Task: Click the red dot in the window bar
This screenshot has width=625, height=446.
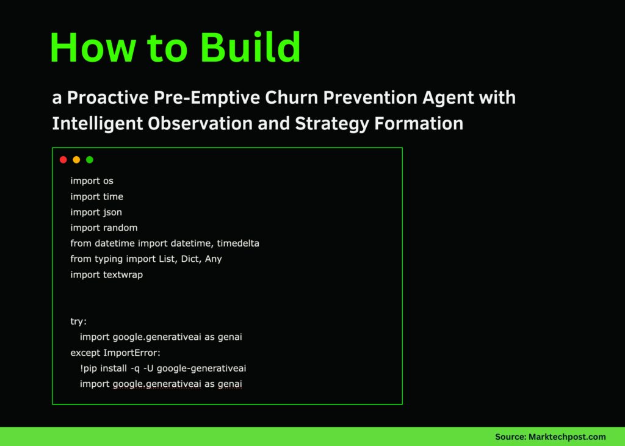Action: [x=63, y=160]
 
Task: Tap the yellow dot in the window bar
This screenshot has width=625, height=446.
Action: [x=76, y=160]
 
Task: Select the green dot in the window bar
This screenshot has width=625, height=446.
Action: [x=90, y=160]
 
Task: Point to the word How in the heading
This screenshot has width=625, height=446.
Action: [x=92, y=48]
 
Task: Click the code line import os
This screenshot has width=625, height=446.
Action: [x=92, y=181]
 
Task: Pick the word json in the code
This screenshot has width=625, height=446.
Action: [x=112, y=212]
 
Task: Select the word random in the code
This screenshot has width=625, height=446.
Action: [x=120, y=228]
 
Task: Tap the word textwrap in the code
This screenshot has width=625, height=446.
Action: [x=123, y=275]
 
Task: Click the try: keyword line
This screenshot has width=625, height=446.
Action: [x=79, y=322]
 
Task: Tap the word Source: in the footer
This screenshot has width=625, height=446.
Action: [x=511, y=437]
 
